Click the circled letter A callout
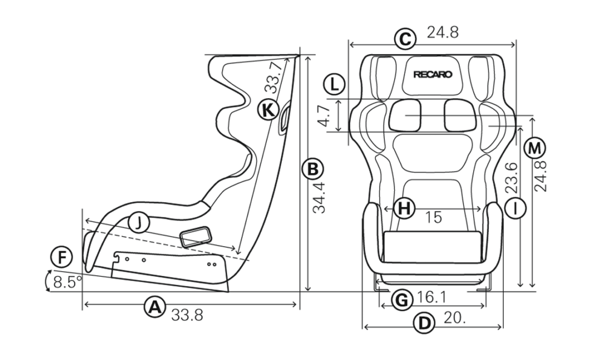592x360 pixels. (x=155, y=307)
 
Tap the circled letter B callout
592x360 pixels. (x=312, y=169)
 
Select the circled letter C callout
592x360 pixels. (x=405, y=39)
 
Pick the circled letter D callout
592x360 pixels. (x=425, y=323)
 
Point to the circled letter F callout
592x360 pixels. (x=61, y=258)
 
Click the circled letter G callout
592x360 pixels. (x=402, y=301)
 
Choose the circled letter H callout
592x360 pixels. (x=405, y=208)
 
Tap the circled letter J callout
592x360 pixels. (x=139, y=223)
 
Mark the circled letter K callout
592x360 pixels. (x=268, y=110)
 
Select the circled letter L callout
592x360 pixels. (x=334, y=84)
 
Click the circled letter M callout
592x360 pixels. (x=535, y=148)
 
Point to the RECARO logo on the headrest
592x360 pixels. (x=432, y=75)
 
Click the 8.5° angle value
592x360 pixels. (x=68, y=282)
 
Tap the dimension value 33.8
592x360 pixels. (x=187, y=315)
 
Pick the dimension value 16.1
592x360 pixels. (x=432, y=298)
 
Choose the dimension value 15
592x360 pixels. (x=434, y=218)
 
